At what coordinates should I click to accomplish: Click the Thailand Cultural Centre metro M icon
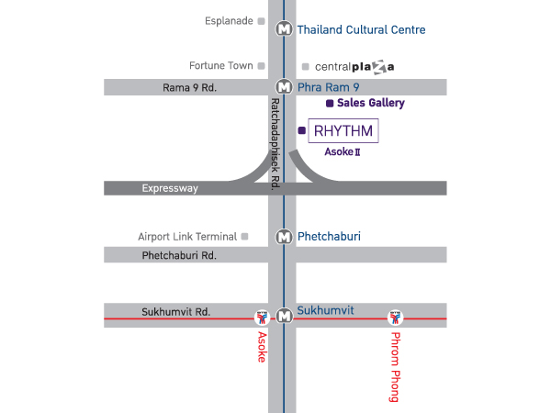click(284, 28)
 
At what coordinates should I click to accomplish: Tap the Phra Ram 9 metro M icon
click(284, 87)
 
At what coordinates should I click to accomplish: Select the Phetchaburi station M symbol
click(284, 237)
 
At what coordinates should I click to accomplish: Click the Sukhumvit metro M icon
click(284, 316)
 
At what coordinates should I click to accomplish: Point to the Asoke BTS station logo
click(262, 318)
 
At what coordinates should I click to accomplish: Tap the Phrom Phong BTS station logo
click(395, 318)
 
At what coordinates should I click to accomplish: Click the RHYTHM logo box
click(343, 130)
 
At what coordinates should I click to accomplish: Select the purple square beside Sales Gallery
click(330, 103)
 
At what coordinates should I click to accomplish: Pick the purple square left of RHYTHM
click(301, 130)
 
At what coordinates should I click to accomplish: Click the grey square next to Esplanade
click(261, 21)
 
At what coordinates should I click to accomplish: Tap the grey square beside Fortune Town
click(261, 66)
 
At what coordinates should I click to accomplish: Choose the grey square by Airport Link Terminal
click(244, 237)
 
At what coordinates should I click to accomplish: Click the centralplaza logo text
click(354, 67)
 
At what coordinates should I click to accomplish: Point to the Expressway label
click(170, 188)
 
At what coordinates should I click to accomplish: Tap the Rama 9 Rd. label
click(189, 87)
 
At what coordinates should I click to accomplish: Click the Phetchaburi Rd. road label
click(179, 255)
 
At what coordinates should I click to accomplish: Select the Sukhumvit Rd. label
click(176, 312)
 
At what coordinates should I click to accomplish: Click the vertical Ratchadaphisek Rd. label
click(275, 144)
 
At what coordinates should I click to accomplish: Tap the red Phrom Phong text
click(395, 367)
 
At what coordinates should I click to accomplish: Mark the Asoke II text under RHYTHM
click(343, 151)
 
